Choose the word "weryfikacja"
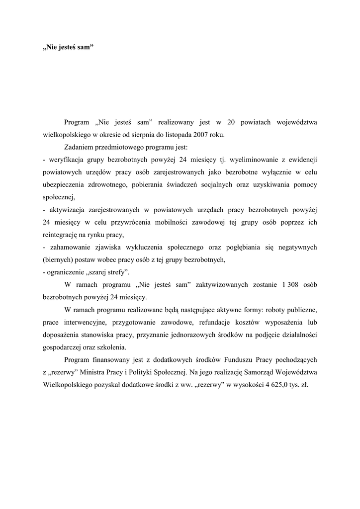coord(66,160)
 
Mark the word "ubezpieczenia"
coord(64,184)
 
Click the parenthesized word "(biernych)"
coord(59,259)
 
